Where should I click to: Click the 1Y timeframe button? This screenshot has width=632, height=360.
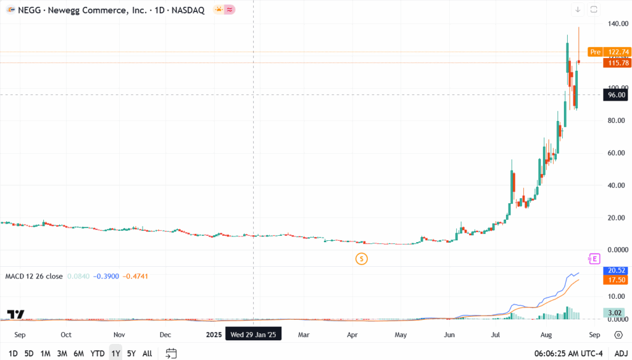[115, 353]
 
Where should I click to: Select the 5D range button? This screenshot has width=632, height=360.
[29, 353]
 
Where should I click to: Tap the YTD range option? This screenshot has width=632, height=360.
[98, 353]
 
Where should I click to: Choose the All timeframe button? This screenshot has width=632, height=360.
[147, 353]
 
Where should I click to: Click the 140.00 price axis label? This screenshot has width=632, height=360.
[617, 23]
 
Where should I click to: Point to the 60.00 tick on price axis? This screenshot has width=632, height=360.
[617, 153]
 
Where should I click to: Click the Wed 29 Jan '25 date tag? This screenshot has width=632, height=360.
[254, 335]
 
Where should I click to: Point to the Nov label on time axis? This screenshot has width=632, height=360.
[119, 335]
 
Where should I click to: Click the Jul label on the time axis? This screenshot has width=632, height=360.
[496, 335]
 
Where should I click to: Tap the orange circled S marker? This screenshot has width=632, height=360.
[362, 259]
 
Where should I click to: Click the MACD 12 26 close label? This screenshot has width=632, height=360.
[34, 276]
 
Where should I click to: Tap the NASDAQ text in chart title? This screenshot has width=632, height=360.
[188, 10]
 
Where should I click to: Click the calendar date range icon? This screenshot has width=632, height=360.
[172, 353]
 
